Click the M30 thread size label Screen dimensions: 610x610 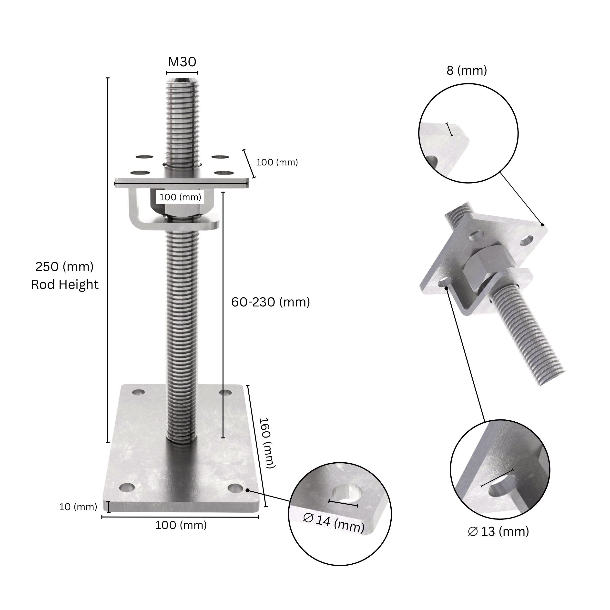(x=182, y=62)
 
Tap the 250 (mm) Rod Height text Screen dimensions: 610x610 (x=64, y=276)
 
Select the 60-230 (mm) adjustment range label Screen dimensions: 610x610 (x=271, y=303)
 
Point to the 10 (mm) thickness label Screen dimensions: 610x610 (x=78, y=507)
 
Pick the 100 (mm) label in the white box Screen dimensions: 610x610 (x=180, y=197)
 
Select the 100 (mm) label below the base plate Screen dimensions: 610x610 (x=181, y=525)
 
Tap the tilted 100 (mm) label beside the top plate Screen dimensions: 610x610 (x=277, y=162)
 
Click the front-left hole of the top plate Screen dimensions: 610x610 (x=140, y=173)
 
